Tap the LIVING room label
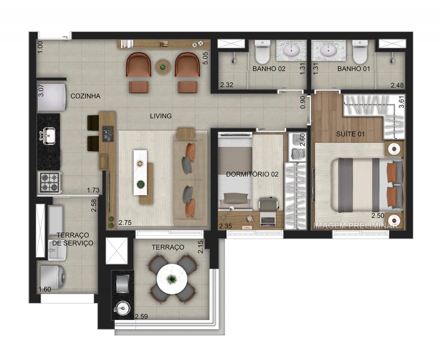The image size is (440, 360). point(161,116)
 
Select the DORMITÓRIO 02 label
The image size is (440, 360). point(252,174)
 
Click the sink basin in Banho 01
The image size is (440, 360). point(328,51)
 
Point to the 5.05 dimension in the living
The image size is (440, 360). point(205,58)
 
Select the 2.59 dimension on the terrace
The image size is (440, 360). point(142,316)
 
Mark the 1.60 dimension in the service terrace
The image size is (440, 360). point(45,289)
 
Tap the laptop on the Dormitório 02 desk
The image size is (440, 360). point(268,218)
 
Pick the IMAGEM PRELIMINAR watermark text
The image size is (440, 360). point(356,225)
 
